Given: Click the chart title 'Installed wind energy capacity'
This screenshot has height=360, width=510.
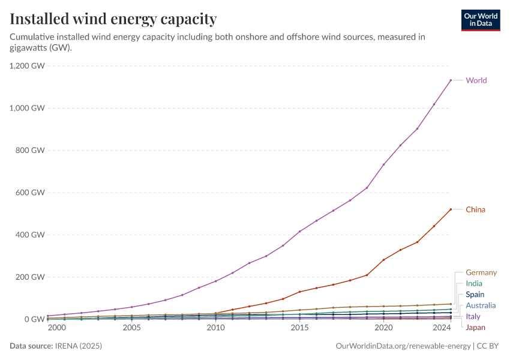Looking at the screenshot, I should pyautogui.click(x=113, y=19).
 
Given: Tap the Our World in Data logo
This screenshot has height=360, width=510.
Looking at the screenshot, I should pyautogui.click(x=480, y=20).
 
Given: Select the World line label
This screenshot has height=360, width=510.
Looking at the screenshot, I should pyautogui.click(x=476, y=80).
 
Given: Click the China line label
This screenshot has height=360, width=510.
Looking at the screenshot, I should pyautogui.click(x=475, y=209).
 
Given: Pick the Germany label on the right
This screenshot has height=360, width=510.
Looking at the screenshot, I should pyautogui.click(x=481, y=272).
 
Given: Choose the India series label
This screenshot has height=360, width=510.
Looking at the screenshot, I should pyautogui.click(x=474, y=283).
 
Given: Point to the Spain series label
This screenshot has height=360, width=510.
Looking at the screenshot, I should pyautogui.click(x=475, y=295).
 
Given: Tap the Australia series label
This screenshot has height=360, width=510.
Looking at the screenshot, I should pyautogui.click(x=481, y=305).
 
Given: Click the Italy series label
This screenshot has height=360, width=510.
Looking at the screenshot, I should pyautogui.click(x=473, y=316).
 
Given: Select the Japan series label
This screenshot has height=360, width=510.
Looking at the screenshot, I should pyautogui.click(x=475, y=328).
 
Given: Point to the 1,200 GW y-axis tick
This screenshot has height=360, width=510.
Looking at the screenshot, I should pyautogui.click(x=28, y=66).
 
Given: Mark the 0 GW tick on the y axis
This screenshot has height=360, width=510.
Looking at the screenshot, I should pyautogui.click(x=35, y=319).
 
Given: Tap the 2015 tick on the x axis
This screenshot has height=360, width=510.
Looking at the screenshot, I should pyautogui.click(x=299, y=328).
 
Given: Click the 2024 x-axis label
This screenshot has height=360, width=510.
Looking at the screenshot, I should pyautogui.click(x=442, y=328).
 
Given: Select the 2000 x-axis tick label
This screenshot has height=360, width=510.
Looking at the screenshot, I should pyautogui.click(x=57, y=328).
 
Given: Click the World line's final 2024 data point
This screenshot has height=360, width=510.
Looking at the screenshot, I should pyautogui.click(x=451, y=80).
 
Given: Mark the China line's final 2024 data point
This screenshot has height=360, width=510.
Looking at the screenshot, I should pyautogui.click(x=451, y=209).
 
